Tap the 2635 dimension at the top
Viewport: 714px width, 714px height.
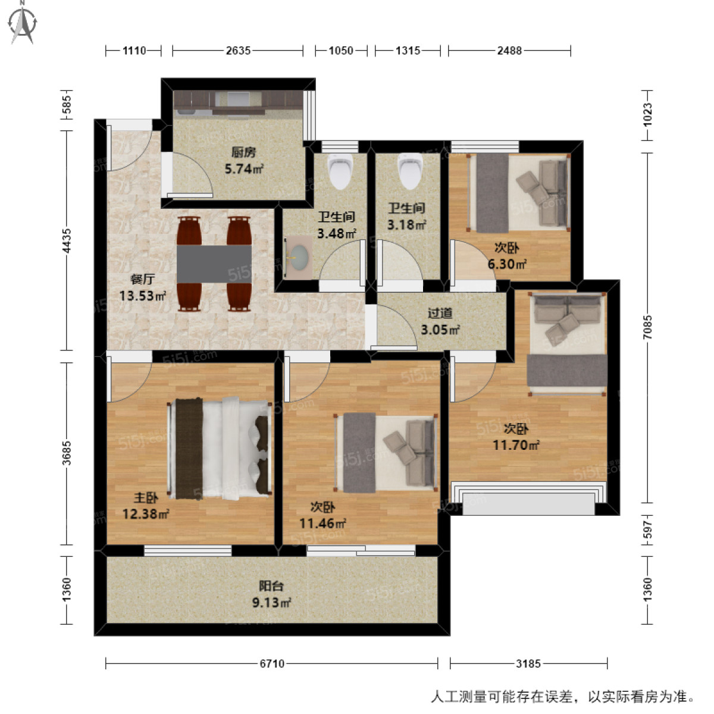coord(238,51)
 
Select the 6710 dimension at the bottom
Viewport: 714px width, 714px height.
coord(271,663)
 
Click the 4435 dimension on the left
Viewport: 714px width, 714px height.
coord(67,240)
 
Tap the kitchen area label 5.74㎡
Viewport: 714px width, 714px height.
coord(244,169)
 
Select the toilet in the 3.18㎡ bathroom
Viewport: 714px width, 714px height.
coord(409,170)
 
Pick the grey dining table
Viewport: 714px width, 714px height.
coord(214,264)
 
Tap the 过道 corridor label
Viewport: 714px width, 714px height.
coord(440,313)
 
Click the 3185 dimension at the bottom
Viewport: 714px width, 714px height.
coord(528,663)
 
